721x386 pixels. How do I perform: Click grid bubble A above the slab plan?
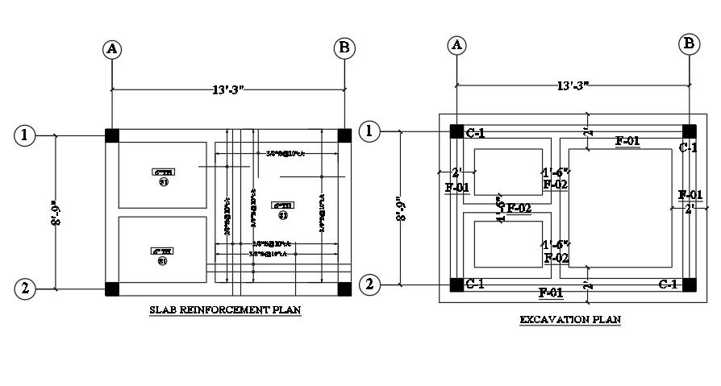coord(111,49)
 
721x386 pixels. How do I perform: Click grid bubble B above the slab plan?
coord(344,49)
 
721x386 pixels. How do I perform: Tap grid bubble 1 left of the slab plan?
coord(25,135)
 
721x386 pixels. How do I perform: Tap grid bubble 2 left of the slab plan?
coord(25,288)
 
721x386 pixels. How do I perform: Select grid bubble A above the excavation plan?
coord(457,44)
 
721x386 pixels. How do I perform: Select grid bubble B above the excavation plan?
coord(690,44)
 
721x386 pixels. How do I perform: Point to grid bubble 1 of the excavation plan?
coord(370,131)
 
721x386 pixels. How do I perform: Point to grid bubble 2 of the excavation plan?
coord(370,284)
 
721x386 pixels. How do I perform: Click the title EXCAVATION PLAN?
coord(570,320)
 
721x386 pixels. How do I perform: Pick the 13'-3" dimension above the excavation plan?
coord(573,85)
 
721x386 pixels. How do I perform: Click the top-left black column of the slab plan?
coord(111,135)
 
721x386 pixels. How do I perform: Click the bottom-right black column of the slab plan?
coord(344,288)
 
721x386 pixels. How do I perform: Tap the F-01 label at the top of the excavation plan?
coord(628,141)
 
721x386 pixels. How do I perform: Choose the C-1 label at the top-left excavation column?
coord(476,131)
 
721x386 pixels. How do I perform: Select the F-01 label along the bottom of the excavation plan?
coord(551,291)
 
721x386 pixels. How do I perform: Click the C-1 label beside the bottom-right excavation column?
coord(668,284)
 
